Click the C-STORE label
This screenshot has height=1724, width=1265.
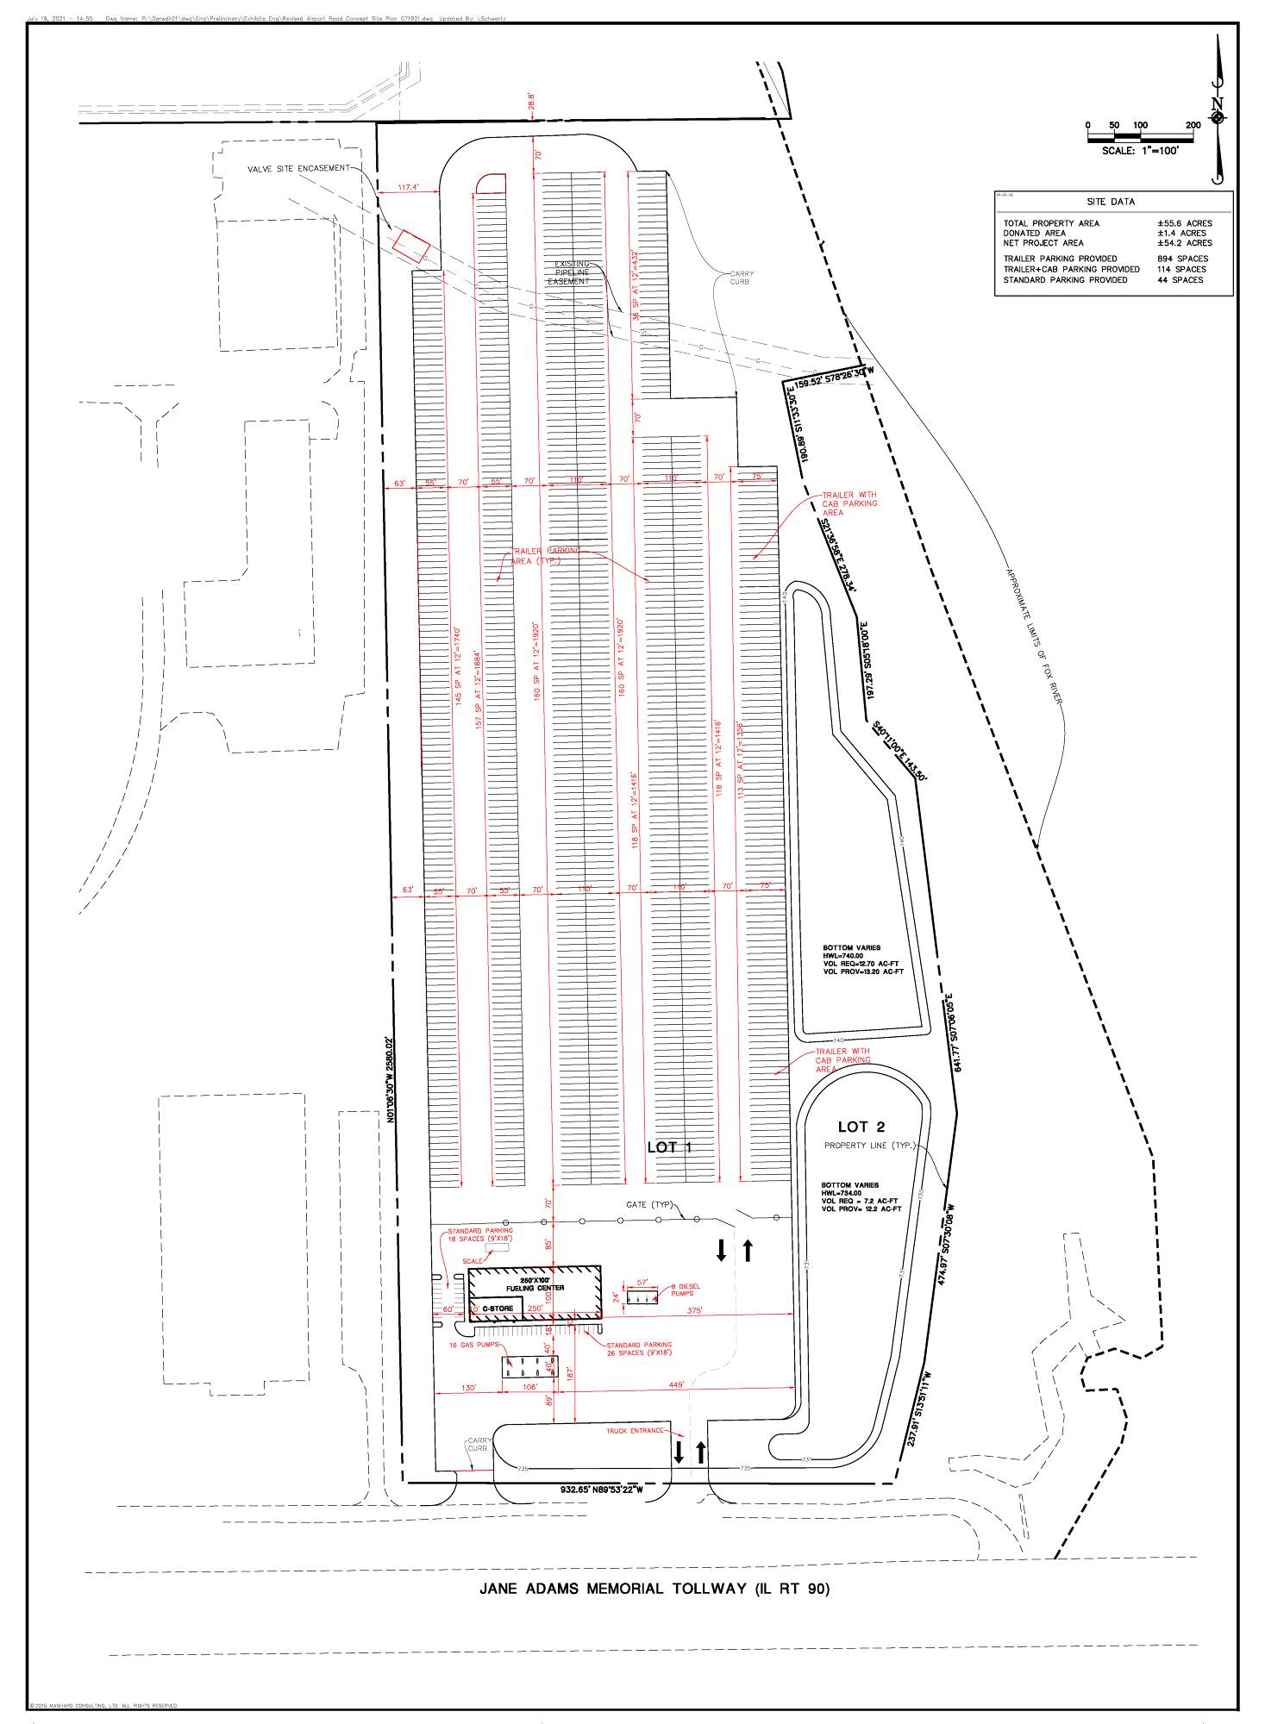click(x=498, y=1309)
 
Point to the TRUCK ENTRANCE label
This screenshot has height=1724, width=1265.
click(x=635, y=1430)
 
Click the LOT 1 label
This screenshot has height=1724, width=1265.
click(x=670, y=1147)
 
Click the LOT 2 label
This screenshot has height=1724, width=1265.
click(x=861, y=1127)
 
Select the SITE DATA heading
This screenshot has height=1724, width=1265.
click(x=1111, y=202)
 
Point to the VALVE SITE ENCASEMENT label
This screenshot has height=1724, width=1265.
click(x=298, y=168)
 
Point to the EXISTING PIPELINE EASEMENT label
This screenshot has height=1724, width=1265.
click(x=572, y=272)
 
